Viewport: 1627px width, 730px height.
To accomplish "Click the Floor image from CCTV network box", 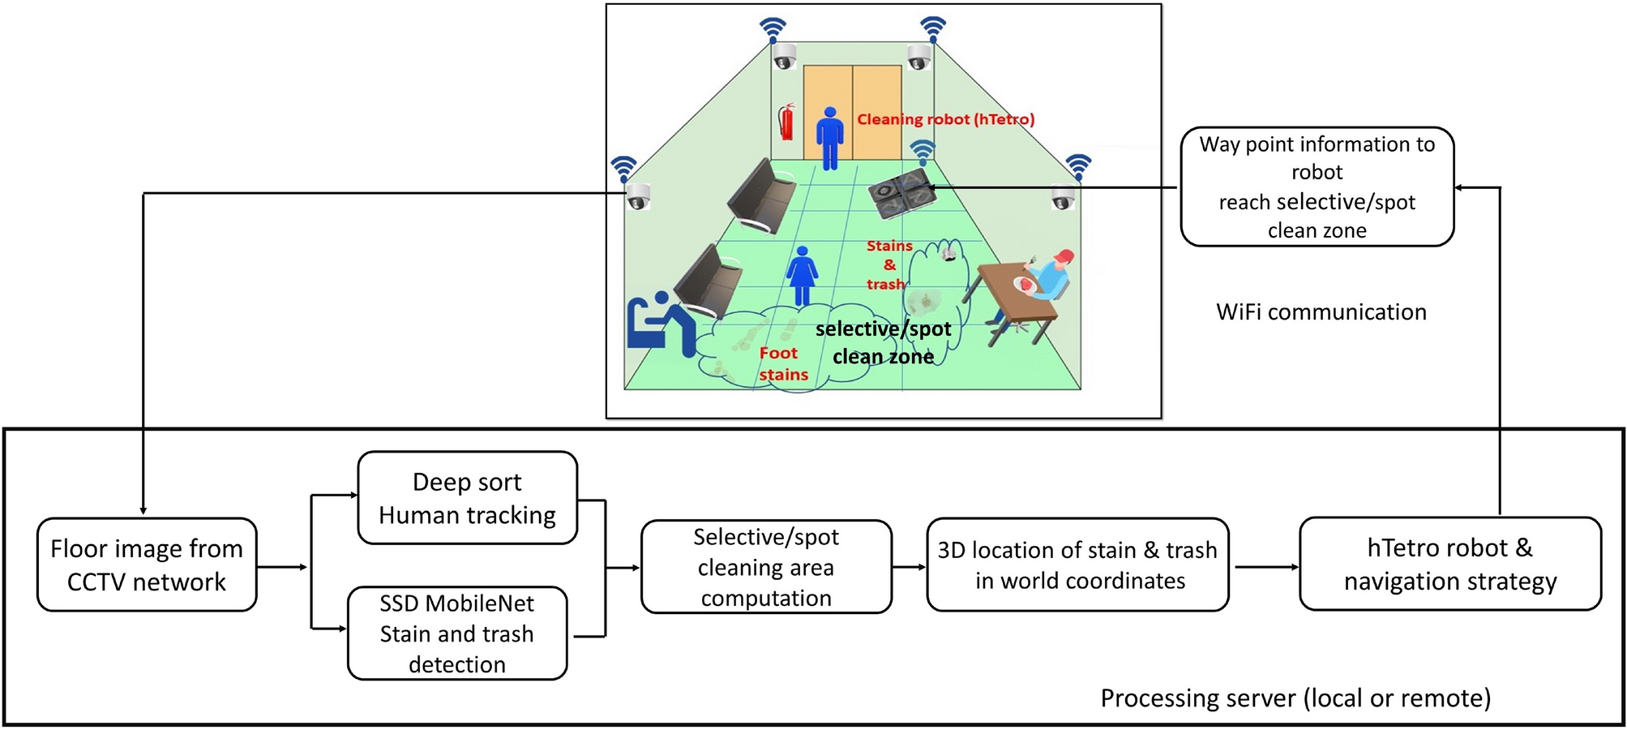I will click(x=147, y=565).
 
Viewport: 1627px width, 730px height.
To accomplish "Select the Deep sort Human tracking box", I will click(x=467, y=498).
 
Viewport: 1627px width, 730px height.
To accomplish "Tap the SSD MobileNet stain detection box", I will click(x=457, y=633).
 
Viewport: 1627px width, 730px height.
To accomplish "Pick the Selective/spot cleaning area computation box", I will click(x=766, y=567).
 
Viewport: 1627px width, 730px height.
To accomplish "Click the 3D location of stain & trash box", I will click(x=1077, y=565).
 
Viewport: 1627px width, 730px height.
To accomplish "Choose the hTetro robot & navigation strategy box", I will click(x=1449, y=565).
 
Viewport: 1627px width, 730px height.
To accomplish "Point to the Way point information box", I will click(x=1317, y=187).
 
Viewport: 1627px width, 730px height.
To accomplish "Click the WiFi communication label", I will click(x=1321, y=312).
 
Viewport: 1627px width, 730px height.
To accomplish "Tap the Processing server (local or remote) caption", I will click(x=1295, y=698).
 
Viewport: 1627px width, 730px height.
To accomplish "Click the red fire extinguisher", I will click(x=786, y=122).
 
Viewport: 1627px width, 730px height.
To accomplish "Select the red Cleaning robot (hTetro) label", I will click(x=945, y=119).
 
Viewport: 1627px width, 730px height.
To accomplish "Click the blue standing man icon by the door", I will click(x=829, y=138).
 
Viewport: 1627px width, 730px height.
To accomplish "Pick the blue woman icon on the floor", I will click(x=802, y=276).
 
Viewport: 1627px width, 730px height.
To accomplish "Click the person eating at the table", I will click(x=1047, y=280).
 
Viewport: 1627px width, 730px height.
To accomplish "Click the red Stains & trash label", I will click(x=888, y=265).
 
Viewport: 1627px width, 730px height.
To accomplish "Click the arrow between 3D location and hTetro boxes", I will click(x=1264, y=567).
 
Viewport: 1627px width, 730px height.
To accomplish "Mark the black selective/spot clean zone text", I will click(x=883, y=342).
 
